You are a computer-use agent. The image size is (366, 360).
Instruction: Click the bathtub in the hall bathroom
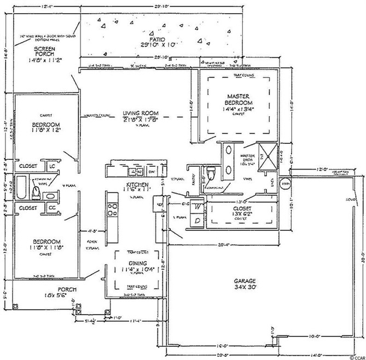(21, 187)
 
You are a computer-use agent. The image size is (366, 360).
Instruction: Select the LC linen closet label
(52, 165)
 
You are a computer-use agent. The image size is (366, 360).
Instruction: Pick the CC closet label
(52, 208)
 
